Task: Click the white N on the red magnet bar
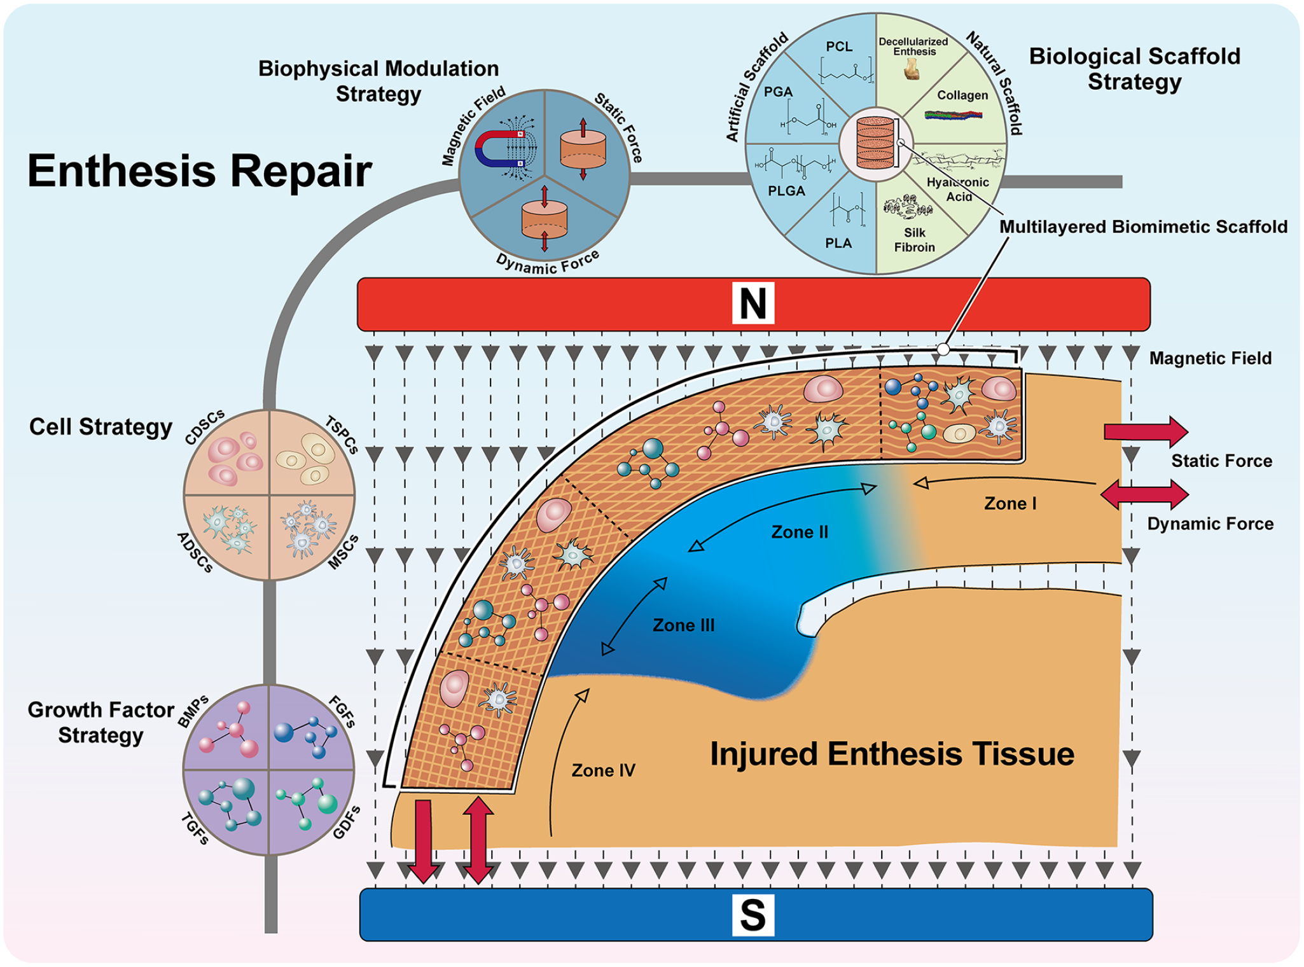pos(753,303)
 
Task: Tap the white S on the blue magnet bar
pos(753,915)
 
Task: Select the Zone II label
pos(800,532)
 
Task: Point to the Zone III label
pos(684,625)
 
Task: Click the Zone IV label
pos(603,770)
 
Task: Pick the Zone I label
pos(1010,503)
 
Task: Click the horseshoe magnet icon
pos(499,148)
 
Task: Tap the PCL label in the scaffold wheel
pos(839,46)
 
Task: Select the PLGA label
pos(786,191)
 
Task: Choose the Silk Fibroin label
pos(915,240)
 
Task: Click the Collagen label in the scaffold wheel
pos(962,95)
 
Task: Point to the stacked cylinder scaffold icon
pos(875,143)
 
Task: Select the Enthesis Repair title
pos(199,170)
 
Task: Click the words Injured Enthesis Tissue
pos(892,754)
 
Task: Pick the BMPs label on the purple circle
pos(193,712)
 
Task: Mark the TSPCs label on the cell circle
pos(342,434)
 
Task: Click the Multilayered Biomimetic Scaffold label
pos(1143,227)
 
